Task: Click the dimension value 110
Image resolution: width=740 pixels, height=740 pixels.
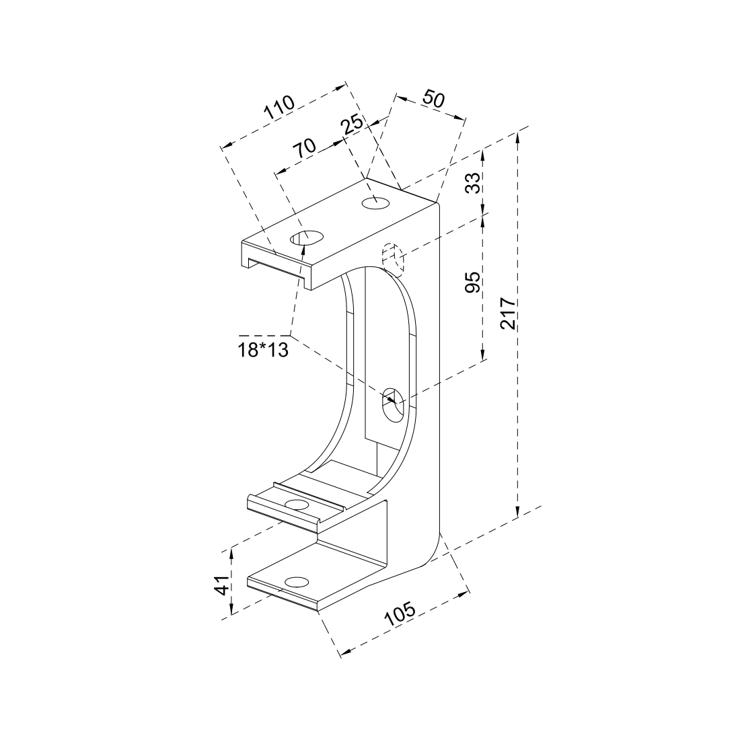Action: pyautogui.click(x=279, y=108)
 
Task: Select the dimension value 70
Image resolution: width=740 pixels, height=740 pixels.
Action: pyautogui.click(x=305, y=149)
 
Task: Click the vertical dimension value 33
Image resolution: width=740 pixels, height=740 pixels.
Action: pyautogui.click(x=473, y=182)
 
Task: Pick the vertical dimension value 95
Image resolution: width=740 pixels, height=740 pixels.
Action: pyautogui.click(x=473, y=283)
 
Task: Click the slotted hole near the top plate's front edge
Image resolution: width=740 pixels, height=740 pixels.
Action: pyautogui.click(x=306, y=237)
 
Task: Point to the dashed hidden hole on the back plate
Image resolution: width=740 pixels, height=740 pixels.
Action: pyautogui.click(x=392, y=260)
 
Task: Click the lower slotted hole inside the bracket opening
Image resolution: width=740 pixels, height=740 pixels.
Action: pyautogui.click(x=392, y=404)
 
